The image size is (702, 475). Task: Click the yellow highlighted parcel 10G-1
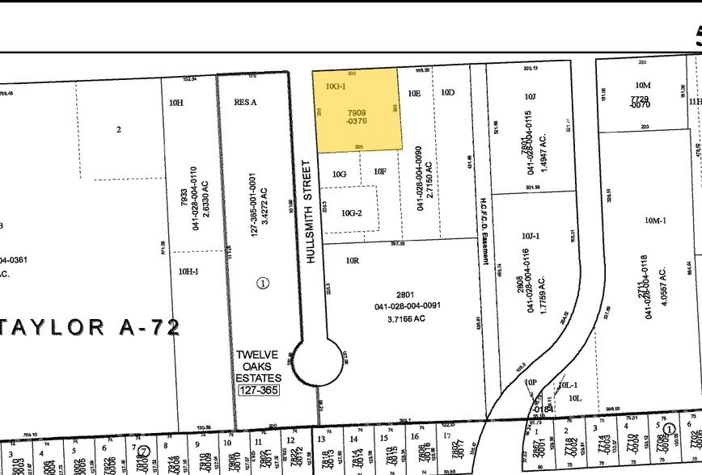pos(357,110)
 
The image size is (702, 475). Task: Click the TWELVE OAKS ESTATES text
pos(258,367)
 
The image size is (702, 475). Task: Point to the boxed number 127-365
pos(258,390)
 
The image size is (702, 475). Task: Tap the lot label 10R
pos(352,261)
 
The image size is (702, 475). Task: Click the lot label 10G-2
pos(352,213)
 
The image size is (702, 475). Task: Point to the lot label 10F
pos(380,171)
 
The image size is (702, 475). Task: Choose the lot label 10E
pos(414,94)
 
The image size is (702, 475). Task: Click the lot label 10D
pos(448,93)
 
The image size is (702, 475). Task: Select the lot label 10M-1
pos(654,220)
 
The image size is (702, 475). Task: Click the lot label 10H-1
pos(188,271)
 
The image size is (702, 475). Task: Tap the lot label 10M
pos(643,85)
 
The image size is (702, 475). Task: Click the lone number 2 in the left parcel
pos(119,129)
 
